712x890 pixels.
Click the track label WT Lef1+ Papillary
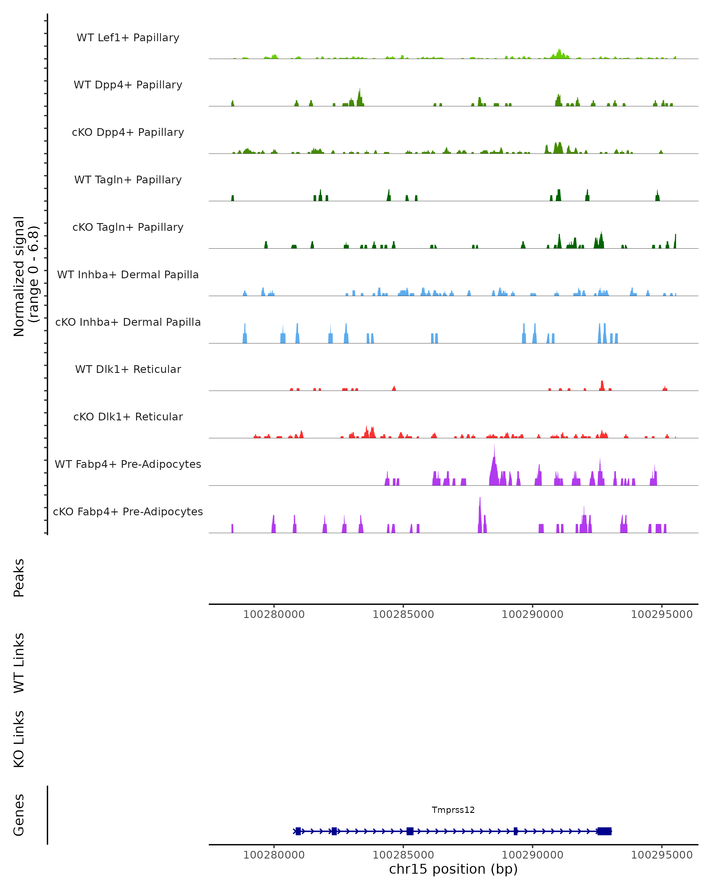pyautogui.click(x=128, y=38)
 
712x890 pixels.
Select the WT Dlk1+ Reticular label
pyautogui.click(x=128, y=369)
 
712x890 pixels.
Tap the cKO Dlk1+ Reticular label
pyautogui.click(x=128, y=417)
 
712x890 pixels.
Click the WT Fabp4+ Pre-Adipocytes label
pyautogui.click(x=128, y=464)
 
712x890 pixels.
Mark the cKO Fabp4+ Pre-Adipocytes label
pyautogui.click(x=128, y=511)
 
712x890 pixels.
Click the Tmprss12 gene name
pyautogui.click(x=453, y=810)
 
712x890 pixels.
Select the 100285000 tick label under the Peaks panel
pyautogui.click(x=403, y=614)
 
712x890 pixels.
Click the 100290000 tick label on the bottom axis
pyautogui.click(x=533, y=855)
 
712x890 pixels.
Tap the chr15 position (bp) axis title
pyautogui.click(x=453, y=869)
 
